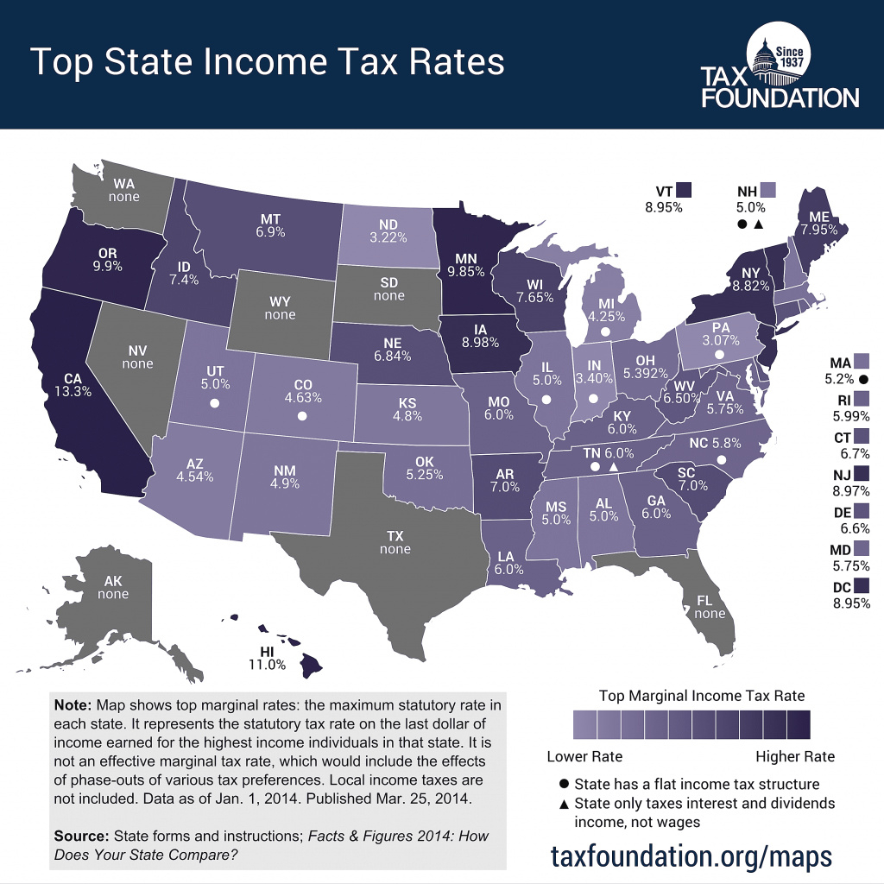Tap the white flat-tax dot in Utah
point(214,403)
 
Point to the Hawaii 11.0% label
point(267,665)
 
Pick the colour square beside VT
point(685,190)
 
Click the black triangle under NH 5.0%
point(758,225)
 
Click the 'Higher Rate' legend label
point(795,757)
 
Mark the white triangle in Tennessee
point(614,467)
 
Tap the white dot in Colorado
point(302,416)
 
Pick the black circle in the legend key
point(565,784)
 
